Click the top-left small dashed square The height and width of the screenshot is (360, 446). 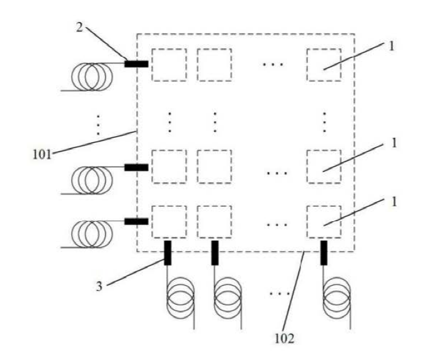tap(169, 64)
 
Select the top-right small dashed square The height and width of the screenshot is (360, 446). tap(324, 64)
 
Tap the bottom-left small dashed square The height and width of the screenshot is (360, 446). tap(169, 222)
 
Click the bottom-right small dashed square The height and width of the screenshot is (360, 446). tap(324, 222)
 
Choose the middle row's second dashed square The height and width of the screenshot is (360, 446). tap(215, 166)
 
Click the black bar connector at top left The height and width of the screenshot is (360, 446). tap(137, 64)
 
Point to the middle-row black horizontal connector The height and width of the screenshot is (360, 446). tap(137, 167)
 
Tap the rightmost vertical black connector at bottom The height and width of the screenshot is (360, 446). tap(324, 253)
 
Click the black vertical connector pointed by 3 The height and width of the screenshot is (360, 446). tap(168, 253)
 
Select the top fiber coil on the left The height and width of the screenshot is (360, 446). tap(89, 76)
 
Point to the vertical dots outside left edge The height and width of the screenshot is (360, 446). tap(98, 125)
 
